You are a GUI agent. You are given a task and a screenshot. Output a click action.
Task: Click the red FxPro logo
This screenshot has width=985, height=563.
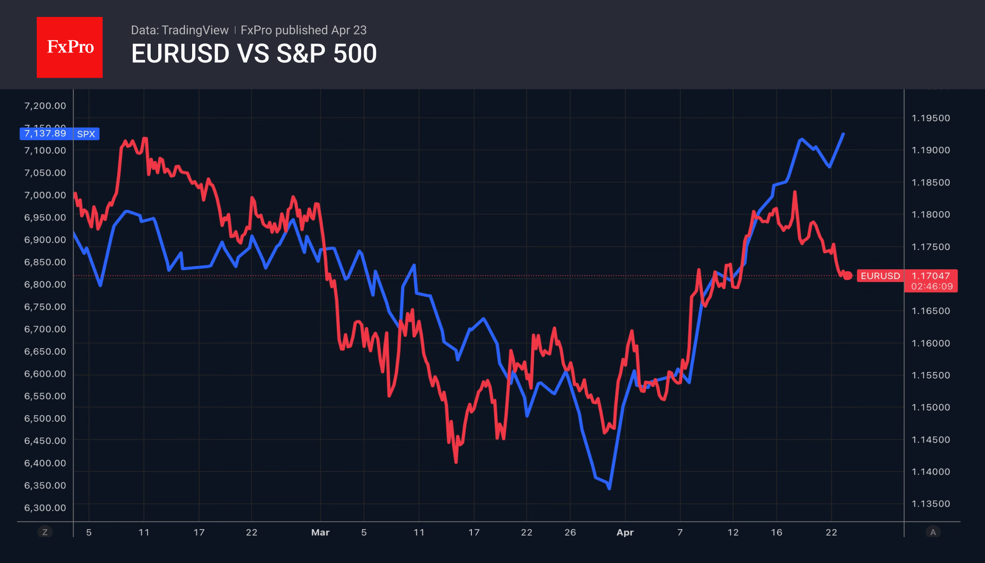[70, 47]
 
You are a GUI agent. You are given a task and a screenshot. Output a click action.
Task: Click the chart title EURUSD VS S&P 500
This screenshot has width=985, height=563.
[254, 54]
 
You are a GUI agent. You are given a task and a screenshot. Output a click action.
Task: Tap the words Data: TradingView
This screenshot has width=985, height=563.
[179, 30]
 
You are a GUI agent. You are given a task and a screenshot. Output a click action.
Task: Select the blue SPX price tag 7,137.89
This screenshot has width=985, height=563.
[45, 134]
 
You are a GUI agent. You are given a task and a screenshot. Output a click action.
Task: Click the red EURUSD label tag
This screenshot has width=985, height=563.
[880, 276]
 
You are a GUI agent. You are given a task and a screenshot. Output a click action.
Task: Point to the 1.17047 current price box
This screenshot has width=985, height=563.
[931, 276]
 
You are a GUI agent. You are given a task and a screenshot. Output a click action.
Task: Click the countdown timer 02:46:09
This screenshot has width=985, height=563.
[931, 286]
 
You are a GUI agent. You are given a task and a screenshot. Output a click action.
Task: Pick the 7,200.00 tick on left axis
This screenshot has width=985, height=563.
[45, 106]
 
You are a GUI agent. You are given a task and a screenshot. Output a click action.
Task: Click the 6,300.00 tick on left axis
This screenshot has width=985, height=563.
[45, 508]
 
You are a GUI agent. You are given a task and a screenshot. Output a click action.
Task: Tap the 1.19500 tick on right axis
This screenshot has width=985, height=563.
[931, 118]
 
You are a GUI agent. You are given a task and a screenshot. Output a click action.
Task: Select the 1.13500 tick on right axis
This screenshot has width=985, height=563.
[931, 504]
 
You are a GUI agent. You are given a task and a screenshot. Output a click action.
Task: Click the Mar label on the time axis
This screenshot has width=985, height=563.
[320, 532]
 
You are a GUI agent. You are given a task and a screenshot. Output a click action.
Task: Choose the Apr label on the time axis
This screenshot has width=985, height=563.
[625, 532]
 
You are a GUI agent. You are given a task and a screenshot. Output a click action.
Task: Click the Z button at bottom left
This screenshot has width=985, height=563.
[45, 532]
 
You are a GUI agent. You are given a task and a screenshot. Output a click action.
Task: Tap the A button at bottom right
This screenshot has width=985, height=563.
[933, 532]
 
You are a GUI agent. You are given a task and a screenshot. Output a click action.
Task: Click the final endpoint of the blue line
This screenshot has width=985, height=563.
[843, 134]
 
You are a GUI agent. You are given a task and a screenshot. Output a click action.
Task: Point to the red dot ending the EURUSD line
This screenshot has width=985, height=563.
[848, 276]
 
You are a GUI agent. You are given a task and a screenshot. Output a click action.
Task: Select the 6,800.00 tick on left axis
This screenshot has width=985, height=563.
[45, 284]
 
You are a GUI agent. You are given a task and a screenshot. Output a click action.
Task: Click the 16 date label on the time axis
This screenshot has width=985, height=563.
[776, 532]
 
